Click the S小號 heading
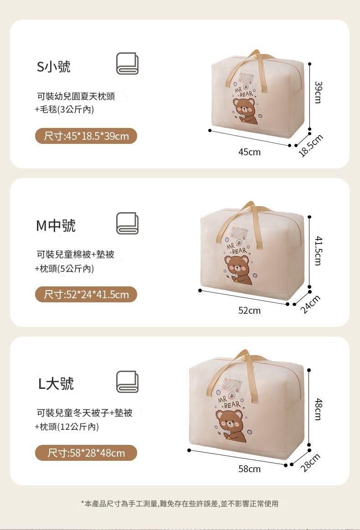(53, 66)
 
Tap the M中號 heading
(56, 225)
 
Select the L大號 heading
(56, 384)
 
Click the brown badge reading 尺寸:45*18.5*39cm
(86, 136)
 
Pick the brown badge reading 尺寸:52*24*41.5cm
(86, 295)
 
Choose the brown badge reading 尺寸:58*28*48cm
(86, 453)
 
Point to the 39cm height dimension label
(318, 92)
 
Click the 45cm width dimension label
(249, 152)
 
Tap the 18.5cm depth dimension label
(311, 146)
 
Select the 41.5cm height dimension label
(318, 251)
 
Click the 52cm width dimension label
(249, 310)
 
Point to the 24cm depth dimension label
(310, 304)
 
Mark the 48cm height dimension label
(318, 409)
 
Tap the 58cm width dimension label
(249, 469)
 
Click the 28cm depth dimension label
(310, 463)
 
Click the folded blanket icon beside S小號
(127, 63)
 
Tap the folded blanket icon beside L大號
(127, 382)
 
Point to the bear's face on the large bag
(229, 421)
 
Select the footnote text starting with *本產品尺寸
(180, 504)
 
